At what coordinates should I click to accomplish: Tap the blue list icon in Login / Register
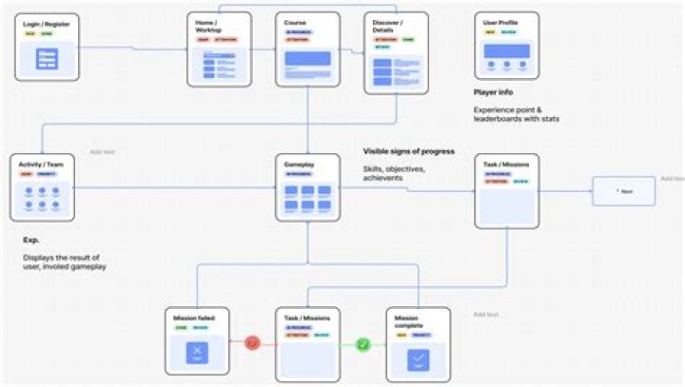(x=47, y=59)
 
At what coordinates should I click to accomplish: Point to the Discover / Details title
(x=389, y=25)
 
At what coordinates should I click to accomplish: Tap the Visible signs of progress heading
(x=408, y=151)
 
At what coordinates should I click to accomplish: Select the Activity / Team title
(x=39, y=164)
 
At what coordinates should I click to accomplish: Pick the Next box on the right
(x=623, y=191)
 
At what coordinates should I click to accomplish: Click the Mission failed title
(x=193, y=317)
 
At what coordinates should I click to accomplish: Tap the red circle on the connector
(x=252, y=342)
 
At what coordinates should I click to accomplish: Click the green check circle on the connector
(x=362, y=342)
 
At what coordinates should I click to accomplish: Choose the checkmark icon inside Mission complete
(x=418, y=358)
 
